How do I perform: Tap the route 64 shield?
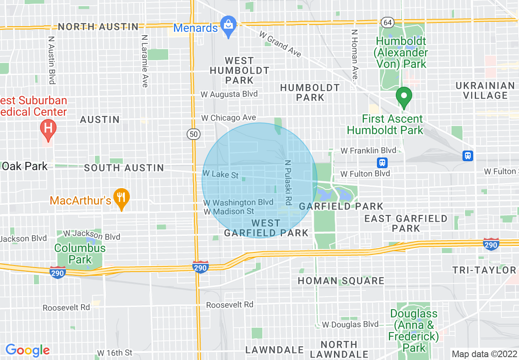tap(387, 22)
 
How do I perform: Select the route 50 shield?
tap(193, 133)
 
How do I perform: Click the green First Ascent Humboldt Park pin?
tap(404, 97)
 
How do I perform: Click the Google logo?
tap(27, 350)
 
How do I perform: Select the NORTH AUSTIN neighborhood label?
tap(98, 27)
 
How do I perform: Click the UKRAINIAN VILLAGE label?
tap(485, 90)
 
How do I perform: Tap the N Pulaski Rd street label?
tap(288, 182)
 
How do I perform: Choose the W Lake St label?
tap(221, 175)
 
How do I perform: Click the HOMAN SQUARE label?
tap(341, 281)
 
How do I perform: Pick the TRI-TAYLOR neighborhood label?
tap(484, 270)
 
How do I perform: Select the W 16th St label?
tap(115, 353)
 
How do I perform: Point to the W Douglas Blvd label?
tap(350, 324)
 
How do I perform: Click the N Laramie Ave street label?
tap(144, 61)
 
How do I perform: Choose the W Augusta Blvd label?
tap(229, 94)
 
